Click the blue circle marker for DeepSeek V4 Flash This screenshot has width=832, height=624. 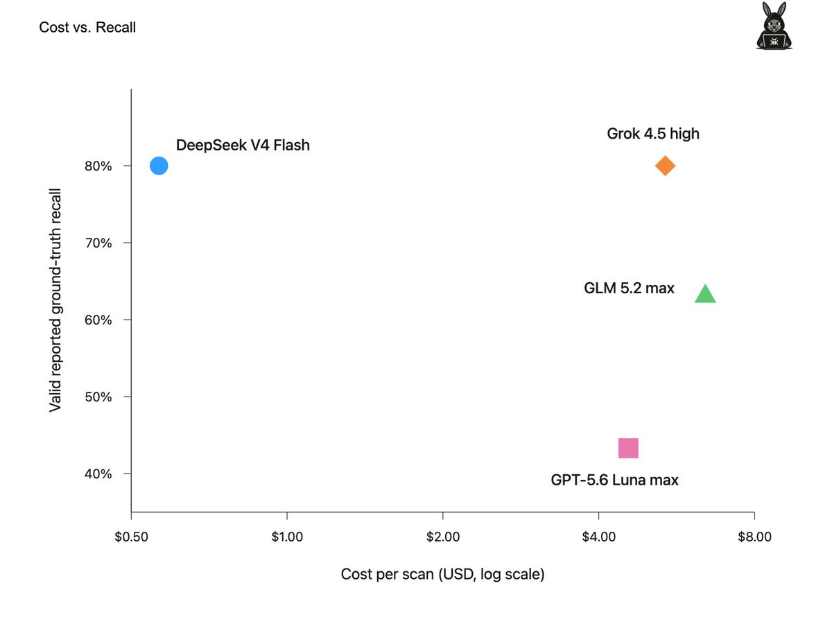[x=159, y=166]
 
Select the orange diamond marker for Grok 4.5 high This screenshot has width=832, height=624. [x=665, y=166]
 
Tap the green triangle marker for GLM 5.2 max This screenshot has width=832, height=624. [x=705, y=293]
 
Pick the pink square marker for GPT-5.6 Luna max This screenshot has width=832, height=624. [x=628, y=448]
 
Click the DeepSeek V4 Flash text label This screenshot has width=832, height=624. [x=243, y=145]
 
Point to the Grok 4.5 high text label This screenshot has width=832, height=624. [x=652, y=134]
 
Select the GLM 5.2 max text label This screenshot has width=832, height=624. [x=629, y=288]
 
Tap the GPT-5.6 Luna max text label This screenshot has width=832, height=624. [x=614, y=480]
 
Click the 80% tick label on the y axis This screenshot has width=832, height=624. [x=98, y=166]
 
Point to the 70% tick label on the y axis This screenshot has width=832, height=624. [x=98, y=243]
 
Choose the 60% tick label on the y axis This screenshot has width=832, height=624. [x=98, y=320]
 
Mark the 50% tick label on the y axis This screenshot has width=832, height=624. [x=98, y=397]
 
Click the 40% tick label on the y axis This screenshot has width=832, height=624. [x=98, y=474]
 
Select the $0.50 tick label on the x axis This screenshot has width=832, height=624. [x=131, y=537]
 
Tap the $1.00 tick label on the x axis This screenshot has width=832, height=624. [x=287, y=537]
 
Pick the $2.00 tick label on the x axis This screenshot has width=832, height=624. [x=443, y=537]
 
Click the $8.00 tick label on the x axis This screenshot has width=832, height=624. [x=754, y=537]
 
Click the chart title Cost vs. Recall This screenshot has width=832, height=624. [x=87, y=27]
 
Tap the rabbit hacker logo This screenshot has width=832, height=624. [x=774, y=26]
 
